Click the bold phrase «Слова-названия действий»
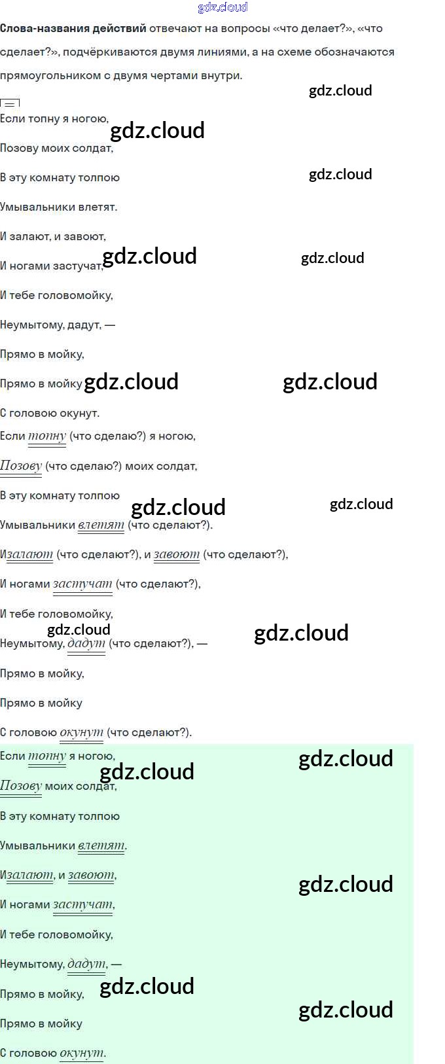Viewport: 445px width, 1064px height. click(x=73, y=29)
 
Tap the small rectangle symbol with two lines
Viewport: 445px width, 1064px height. click(x=10, y=103)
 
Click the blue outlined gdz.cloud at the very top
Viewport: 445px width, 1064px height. click(x=222, y=7)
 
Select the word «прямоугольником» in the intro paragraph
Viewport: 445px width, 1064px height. click(x=46, y=75)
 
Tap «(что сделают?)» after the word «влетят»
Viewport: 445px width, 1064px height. click(x=169, y=525)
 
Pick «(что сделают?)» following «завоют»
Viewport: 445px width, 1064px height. click(x=245, y=555)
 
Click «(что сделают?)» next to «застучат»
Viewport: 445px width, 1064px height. click(x=158, y=584)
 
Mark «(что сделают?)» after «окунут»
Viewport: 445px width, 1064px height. click(x=149, y=733)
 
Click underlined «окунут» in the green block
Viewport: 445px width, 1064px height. click(x=81, y=1054)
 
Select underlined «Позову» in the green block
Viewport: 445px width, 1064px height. click(x=21, y=786)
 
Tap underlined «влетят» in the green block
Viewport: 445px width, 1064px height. click(x=101, y=846)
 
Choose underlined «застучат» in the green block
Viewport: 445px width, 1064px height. click(x=82, y=905)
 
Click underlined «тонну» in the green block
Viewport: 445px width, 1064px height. click(x=47, y=756)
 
